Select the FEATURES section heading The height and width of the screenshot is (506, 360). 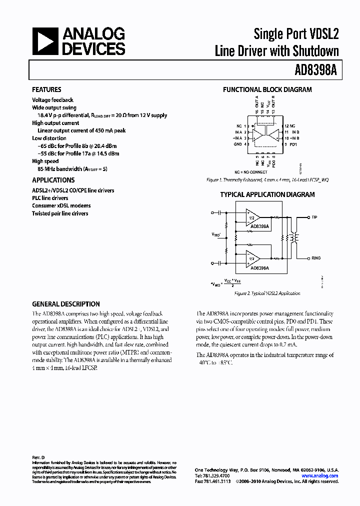46,90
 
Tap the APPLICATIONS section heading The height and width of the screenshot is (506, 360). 53,180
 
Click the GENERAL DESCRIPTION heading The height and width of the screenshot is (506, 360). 66,304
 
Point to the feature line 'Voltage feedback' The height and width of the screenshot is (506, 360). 52,100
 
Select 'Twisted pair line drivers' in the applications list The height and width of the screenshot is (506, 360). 60,213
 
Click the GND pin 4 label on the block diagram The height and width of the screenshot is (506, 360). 238,144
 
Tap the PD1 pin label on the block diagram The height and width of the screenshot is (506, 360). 293,144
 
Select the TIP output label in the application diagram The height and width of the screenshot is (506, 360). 314,217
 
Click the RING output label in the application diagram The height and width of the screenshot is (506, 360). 316,258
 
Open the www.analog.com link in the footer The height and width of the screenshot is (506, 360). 320,476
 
